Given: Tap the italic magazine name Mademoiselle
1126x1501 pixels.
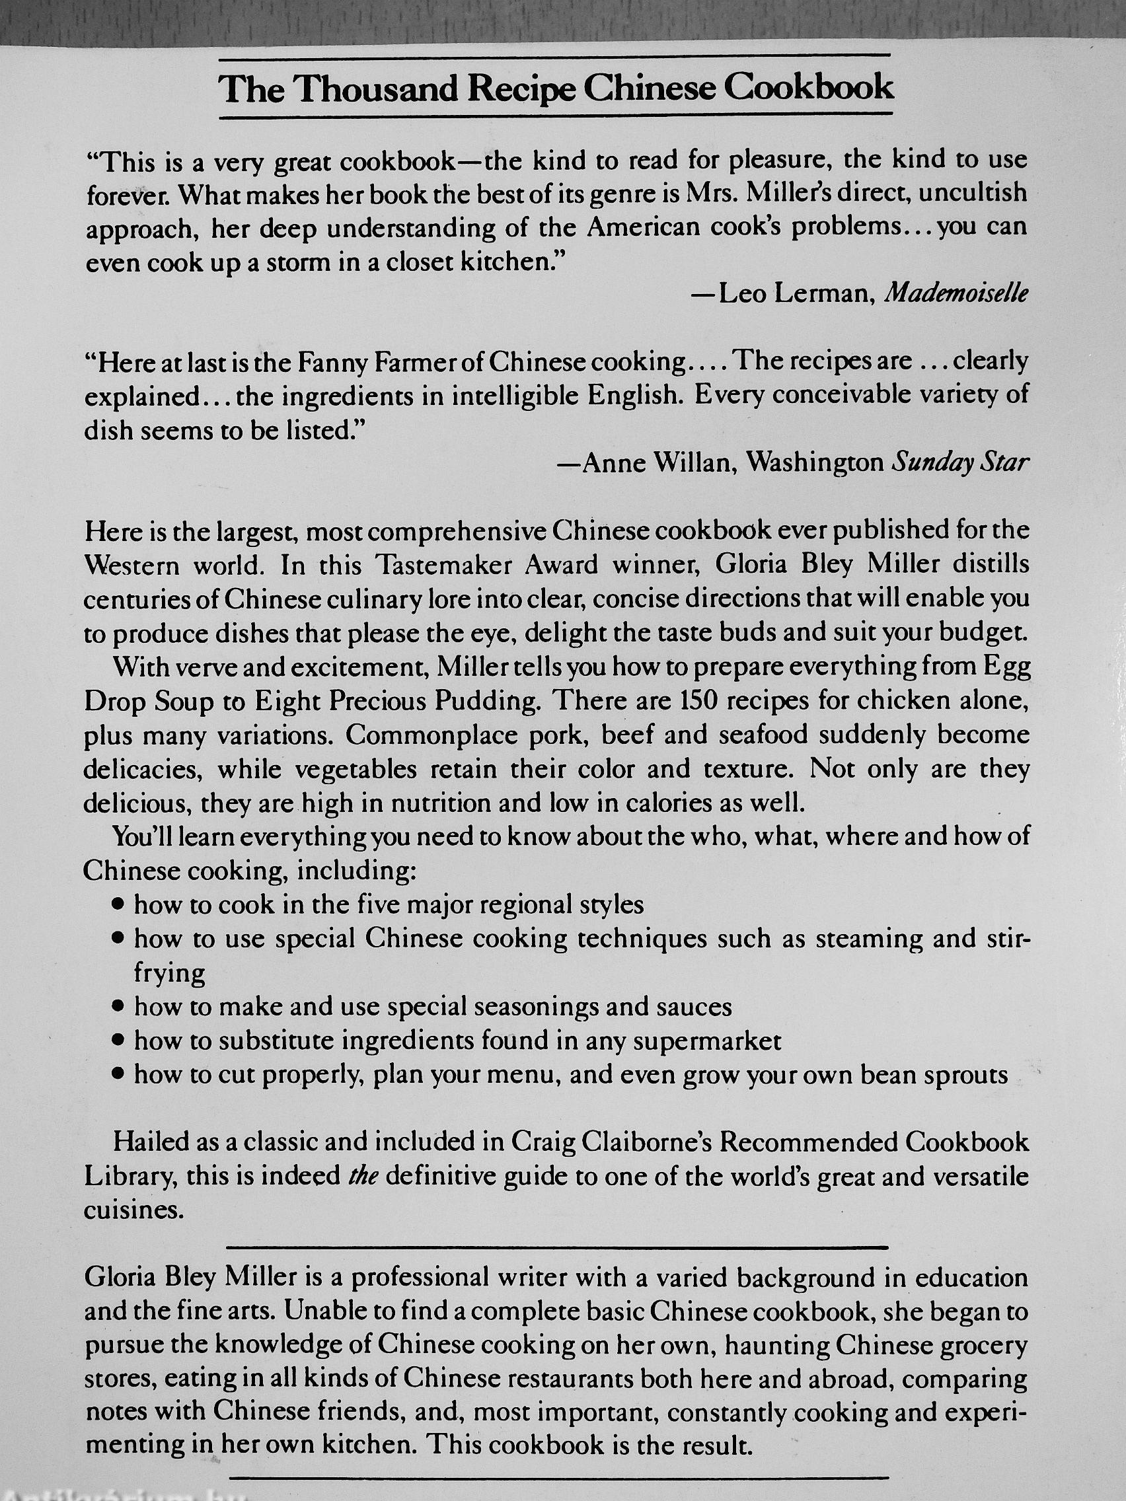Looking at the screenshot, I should tap(957, 293).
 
